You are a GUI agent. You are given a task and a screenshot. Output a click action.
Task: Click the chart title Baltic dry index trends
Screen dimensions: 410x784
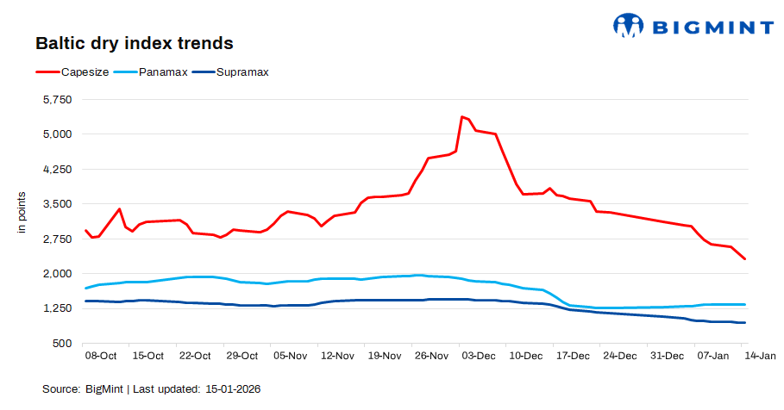point(134,42)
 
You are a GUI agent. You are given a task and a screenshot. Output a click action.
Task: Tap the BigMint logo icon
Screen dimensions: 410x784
point(629,26)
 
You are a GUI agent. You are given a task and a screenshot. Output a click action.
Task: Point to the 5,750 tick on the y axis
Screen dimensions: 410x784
point(57,100)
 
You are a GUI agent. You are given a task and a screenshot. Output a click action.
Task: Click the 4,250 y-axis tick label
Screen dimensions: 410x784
point(57,170)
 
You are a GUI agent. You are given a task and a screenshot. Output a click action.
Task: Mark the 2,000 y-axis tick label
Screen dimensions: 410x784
point(57,274)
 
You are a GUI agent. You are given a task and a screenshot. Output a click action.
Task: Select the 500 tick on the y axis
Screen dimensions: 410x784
point(63,344)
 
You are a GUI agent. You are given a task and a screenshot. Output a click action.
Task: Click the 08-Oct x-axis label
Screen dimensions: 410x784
point(100,356)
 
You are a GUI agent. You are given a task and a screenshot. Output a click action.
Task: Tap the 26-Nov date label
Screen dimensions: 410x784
point(430,356)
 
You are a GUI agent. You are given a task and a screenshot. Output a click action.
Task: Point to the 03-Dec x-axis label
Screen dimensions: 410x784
point(478,356)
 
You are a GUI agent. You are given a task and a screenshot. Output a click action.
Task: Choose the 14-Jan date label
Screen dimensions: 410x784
point(761,356)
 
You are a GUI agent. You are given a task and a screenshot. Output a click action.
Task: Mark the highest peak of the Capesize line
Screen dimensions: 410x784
point(462,116)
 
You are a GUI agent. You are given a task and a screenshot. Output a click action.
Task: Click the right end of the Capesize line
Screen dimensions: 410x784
point(745,259)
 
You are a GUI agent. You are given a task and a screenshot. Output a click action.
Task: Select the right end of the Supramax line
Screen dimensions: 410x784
point(745,323)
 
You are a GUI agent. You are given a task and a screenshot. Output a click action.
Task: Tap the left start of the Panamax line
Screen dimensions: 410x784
point(85,288)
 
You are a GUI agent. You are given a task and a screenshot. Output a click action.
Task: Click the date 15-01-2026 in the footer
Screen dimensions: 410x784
point(233,389)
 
